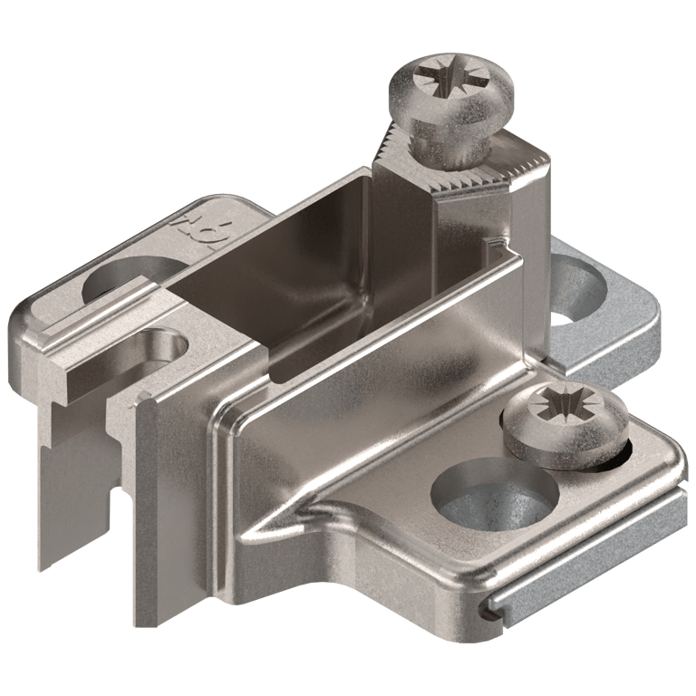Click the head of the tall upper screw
click(450, 91)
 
